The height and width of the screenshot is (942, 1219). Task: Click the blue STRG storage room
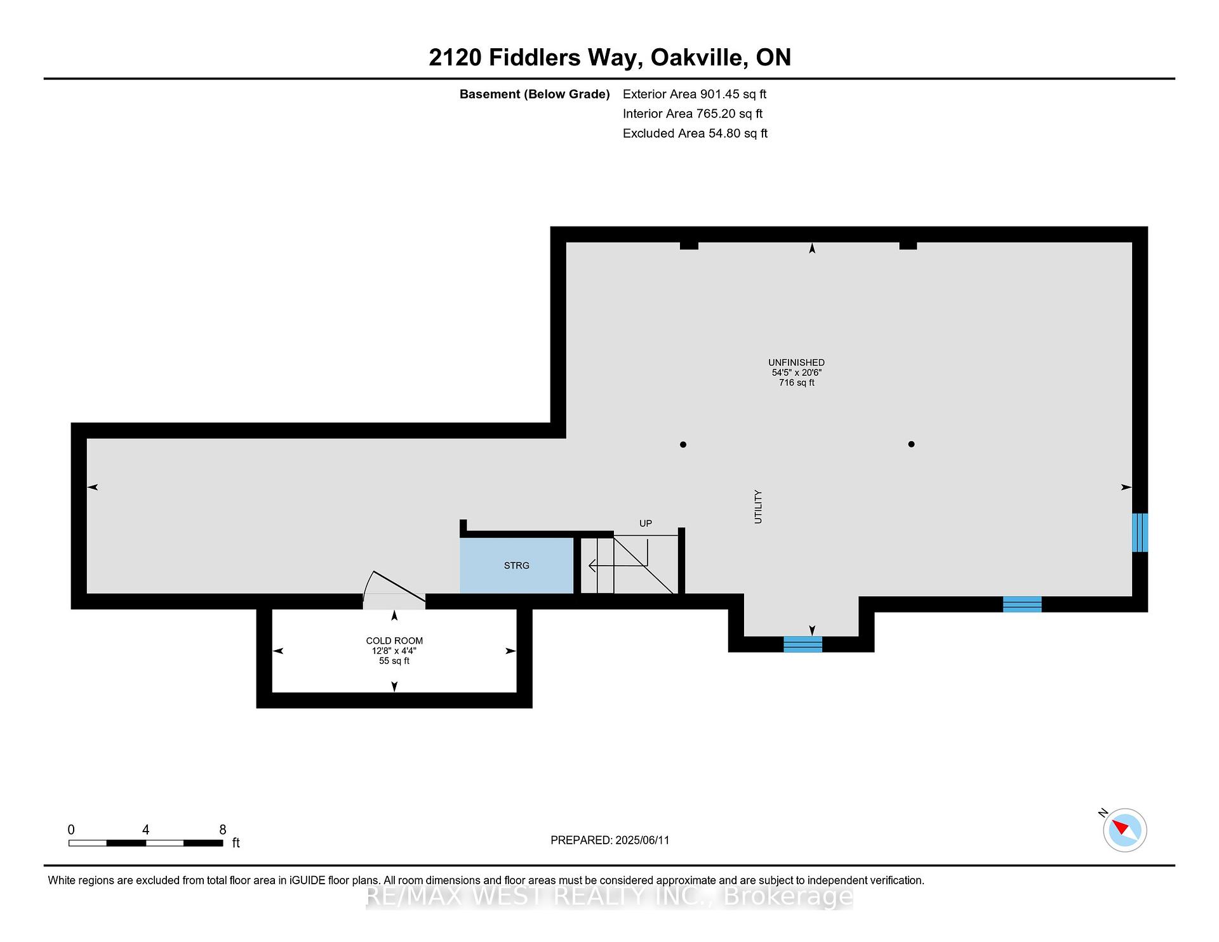click(x=516, y=566)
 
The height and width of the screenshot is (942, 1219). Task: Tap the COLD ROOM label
click(x=394, y=641)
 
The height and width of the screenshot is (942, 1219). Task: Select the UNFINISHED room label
click(x=796, y=363)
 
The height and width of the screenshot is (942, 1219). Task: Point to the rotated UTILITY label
click(x=757, y=507)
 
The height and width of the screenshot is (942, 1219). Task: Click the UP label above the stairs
click(x=646, y=524)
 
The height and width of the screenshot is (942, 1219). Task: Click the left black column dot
click(x=683, y=444)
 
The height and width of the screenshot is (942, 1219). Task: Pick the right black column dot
click(x=911, y=444)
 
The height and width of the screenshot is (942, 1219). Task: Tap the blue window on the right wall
click(x=1140, y=533)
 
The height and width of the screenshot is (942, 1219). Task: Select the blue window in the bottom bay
click(x=803, y=644)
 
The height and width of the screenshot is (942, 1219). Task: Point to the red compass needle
click(x=1120, y=827)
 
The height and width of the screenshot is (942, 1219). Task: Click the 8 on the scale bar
click(x=223, y=830)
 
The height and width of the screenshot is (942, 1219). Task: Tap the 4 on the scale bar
click(x=146, y=830)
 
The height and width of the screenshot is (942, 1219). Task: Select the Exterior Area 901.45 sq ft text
click(x=695, y=94)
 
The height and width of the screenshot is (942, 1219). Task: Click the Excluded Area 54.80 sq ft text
click(x=695, y=133)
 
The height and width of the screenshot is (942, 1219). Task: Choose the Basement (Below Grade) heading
click(x=535, y=95)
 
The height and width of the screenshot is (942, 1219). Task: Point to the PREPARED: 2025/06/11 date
click(x=610, y=840)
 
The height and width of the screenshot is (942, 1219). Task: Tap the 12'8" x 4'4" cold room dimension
click(x=394, y=651)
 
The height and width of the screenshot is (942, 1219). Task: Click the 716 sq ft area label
click(x=797, y=383)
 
